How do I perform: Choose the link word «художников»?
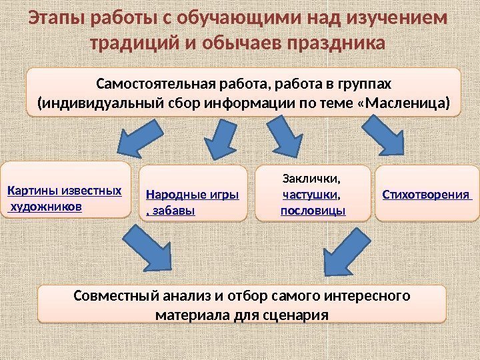pyautogui.click(x=47, y=207)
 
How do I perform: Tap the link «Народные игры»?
pyautogui.click(x=192, y=195)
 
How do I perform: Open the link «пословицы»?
pyautogui.click(x=313, y=211)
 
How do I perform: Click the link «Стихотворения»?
pyautogui.click(x=426, y=195)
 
